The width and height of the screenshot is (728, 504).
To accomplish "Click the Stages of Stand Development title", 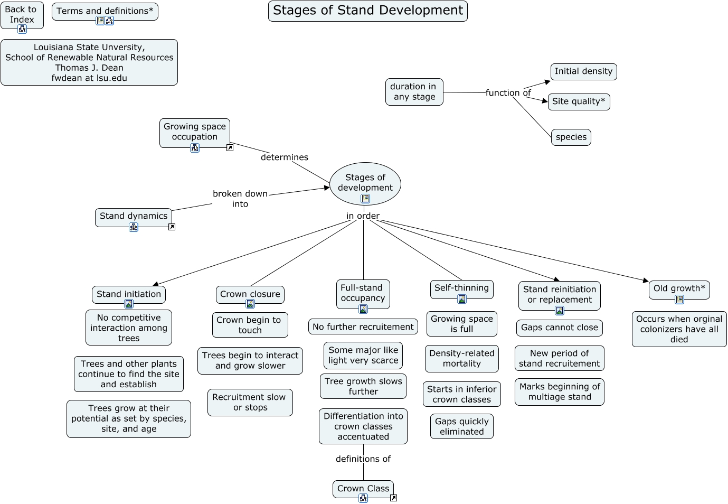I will pos(367,11).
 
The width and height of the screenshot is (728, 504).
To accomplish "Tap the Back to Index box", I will pos(21,14).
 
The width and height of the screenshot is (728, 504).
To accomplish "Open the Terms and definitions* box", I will pos(105,11).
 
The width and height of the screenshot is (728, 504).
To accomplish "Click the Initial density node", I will pos(583,71).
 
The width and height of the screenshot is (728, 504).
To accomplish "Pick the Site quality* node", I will pos(579,101).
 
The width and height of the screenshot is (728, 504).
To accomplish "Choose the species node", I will pos(571,137).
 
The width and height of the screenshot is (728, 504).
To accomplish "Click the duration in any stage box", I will pos(414,92).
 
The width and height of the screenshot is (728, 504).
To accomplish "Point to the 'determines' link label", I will pos(284,157).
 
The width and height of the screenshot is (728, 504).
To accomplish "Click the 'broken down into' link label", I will pos(240,199).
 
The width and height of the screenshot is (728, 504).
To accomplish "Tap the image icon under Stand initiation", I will pos(129,304).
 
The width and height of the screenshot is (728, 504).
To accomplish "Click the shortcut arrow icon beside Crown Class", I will pos(393,498).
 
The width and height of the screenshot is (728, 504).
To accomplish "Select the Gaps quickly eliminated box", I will pos(461,426).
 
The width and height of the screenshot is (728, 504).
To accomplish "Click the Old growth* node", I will pos(679,288).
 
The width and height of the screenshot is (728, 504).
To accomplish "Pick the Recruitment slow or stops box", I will pos(250,403).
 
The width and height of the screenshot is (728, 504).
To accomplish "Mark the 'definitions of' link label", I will pos(363,459).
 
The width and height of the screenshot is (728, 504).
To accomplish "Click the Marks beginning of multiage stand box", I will pos(559,392).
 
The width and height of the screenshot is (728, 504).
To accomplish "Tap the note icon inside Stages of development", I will pos(365,199).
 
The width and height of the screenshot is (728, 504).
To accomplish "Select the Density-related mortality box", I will pos(461,358).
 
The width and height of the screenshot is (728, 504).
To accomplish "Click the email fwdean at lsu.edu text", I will pos(89,78).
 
